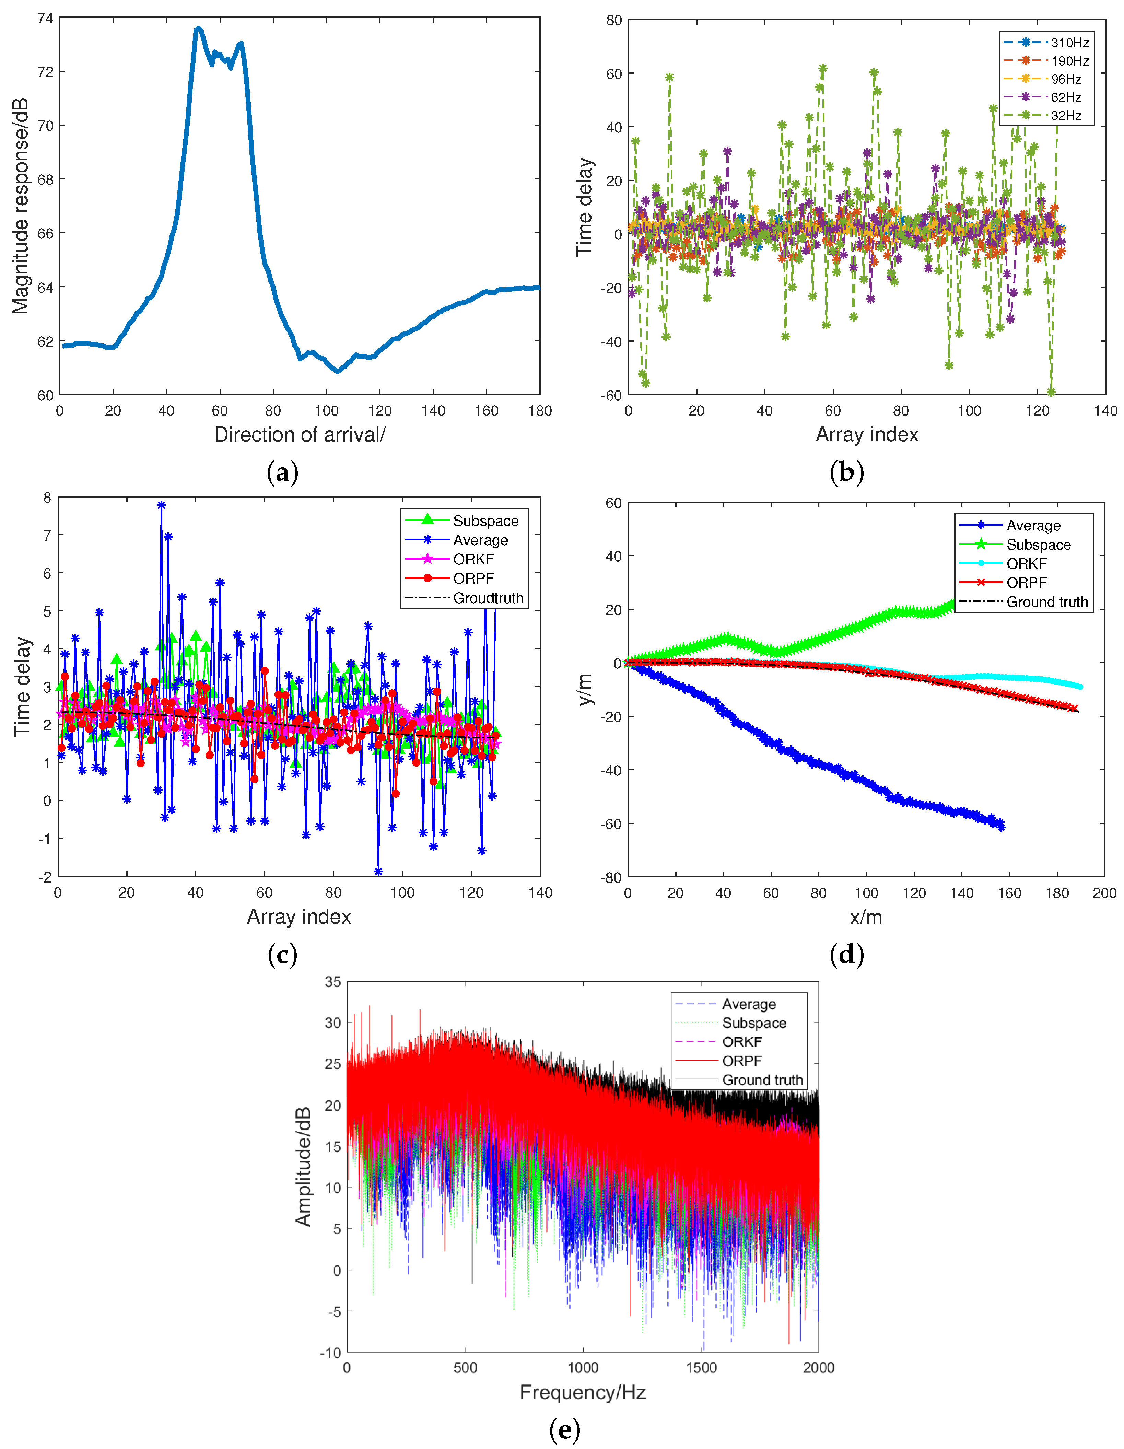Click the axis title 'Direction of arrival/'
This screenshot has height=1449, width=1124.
[299, 435]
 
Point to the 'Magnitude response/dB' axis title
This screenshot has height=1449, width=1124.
[21, 206]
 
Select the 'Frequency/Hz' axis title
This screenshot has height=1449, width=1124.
[583, 1392]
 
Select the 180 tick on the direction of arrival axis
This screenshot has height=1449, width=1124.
[540, 411]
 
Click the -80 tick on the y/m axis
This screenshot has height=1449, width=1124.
[612, 878]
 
